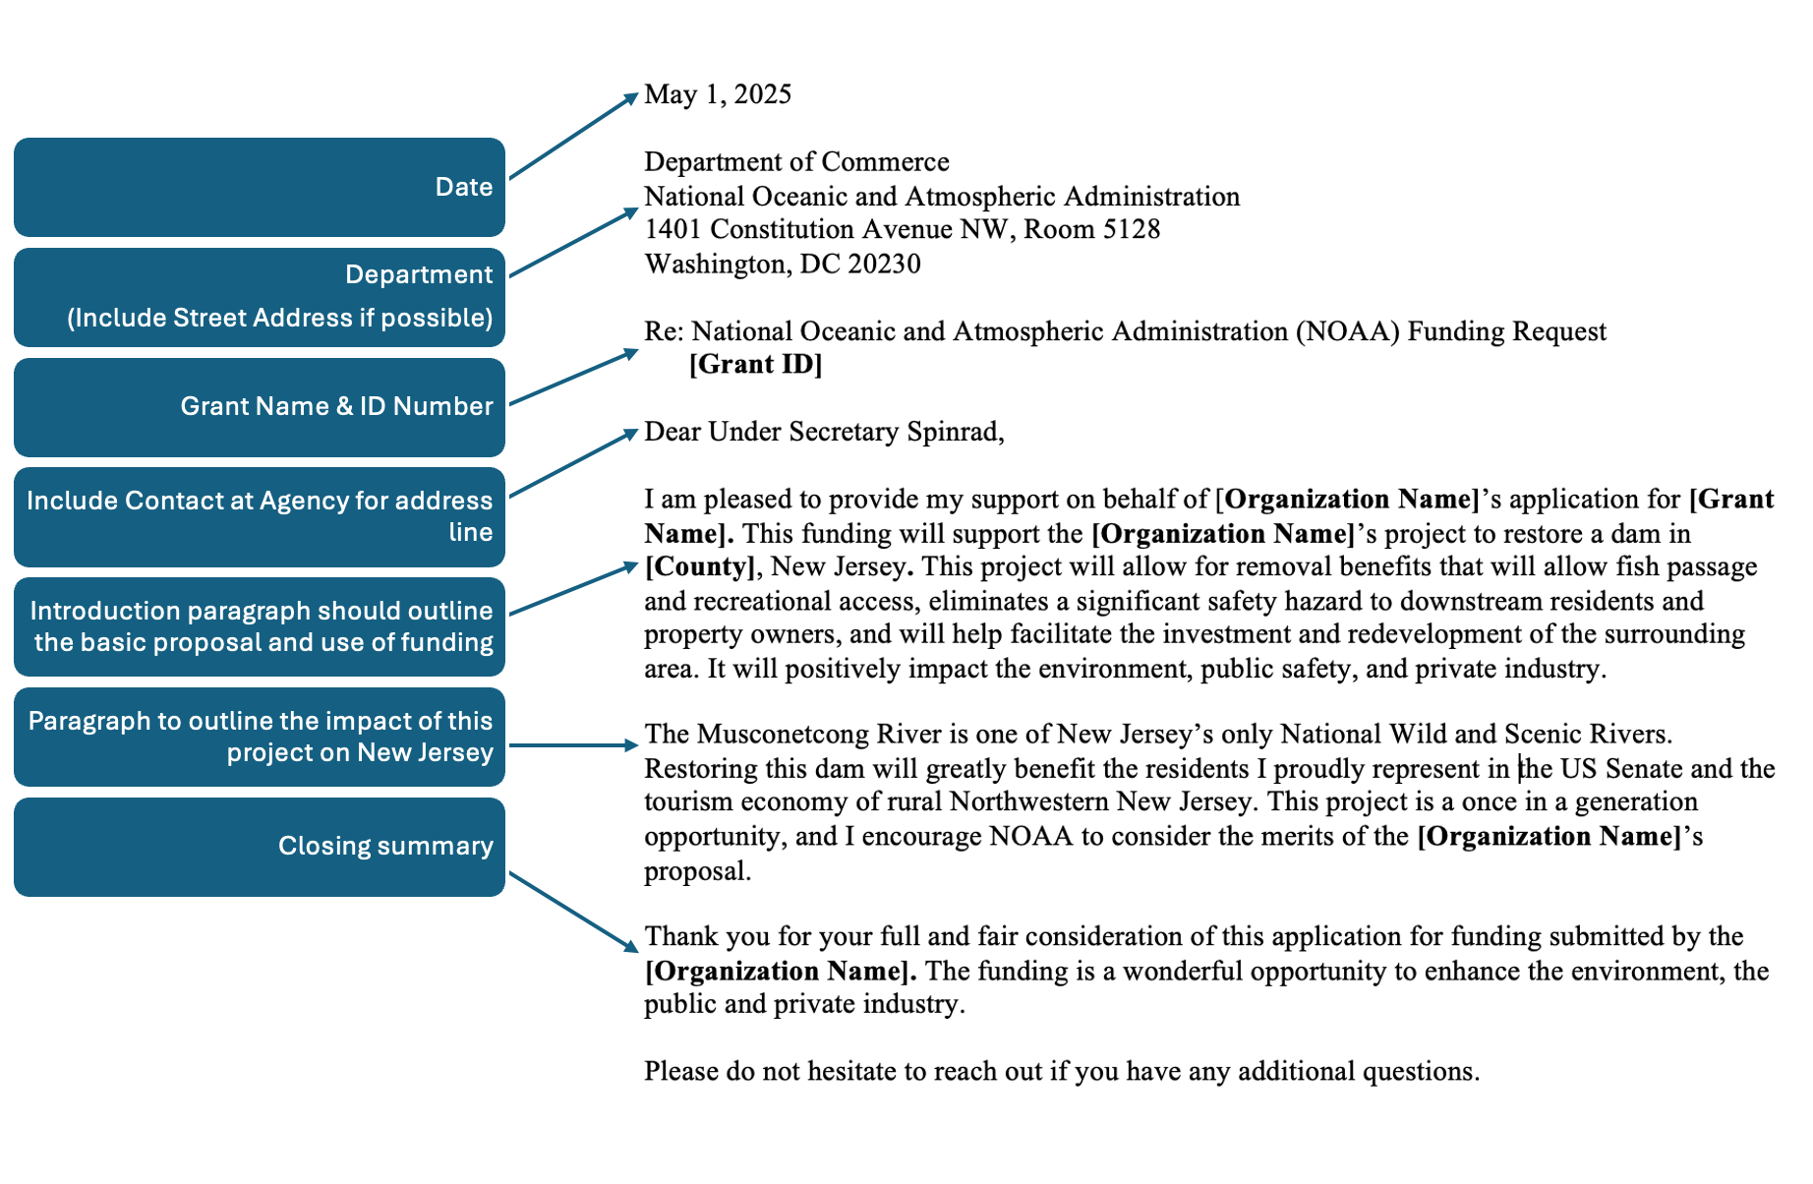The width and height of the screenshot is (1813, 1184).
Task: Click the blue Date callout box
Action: point(260,187)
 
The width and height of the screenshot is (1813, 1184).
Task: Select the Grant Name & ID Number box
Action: point(260,407)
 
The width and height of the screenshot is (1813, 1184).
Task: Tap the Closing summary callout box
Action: point(260,847)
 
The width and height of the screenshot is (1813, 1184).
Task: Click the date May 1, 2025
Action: point(718,94)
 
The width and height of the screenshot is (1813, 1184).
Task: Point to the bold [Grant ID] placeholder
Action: point(755,365)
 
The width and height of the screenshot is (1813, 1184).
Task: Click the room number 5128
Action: point(1131,230)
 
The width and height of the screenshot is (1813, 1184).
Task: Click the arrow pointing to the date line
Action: point(574,136)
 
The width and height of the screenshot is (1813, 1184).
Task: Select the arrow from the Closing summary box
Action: point(574,912)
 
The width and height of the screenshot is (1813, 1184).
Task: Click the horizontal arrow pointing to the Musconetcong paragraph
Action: point(574,745)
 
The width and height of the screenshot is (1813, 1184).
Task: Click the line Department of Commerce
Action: point(796,162)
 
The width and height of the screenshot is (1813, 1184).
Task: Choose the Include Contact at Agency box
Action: point(260,517)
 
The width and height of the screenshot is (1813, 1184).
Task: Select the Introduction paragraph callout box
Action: point(260,627)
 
